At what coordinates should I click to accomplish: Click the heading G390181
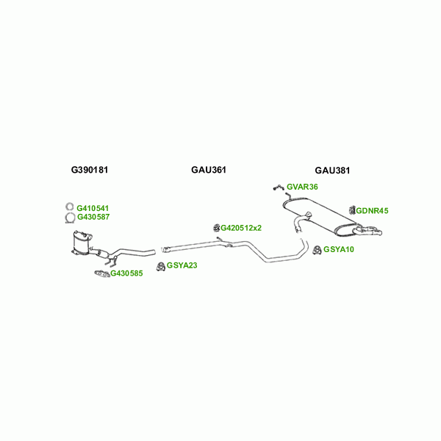[90, 170]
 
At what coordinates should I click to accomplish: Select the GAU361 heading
[209, 170]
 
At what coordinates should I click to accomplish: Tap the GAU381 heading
[332, 170]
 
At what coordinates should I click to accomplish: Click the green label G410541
[93, 209]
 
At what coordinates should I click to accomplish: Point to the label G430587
[93, 217]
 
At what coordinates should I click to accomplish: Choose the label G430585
[126, 274]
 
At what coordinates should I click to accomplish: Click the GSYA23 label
[182, 265]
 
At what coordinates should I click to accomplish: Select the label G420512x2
[242, 228]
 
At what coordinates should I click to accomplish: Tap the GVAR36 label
[302, 187]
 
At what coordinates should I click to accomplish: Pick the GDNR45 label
[372, 211]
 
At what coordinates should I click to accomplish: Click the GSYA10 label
[339, 250]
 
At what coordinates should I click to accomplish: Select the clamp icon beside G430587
[68, 218]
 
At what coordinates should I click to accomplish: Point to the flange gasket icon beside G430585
[101, 275]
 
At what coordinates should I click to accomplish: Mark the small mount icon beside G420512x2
[217, 227]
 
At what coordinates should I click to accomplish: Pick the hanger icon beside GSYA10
[317, 250]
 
